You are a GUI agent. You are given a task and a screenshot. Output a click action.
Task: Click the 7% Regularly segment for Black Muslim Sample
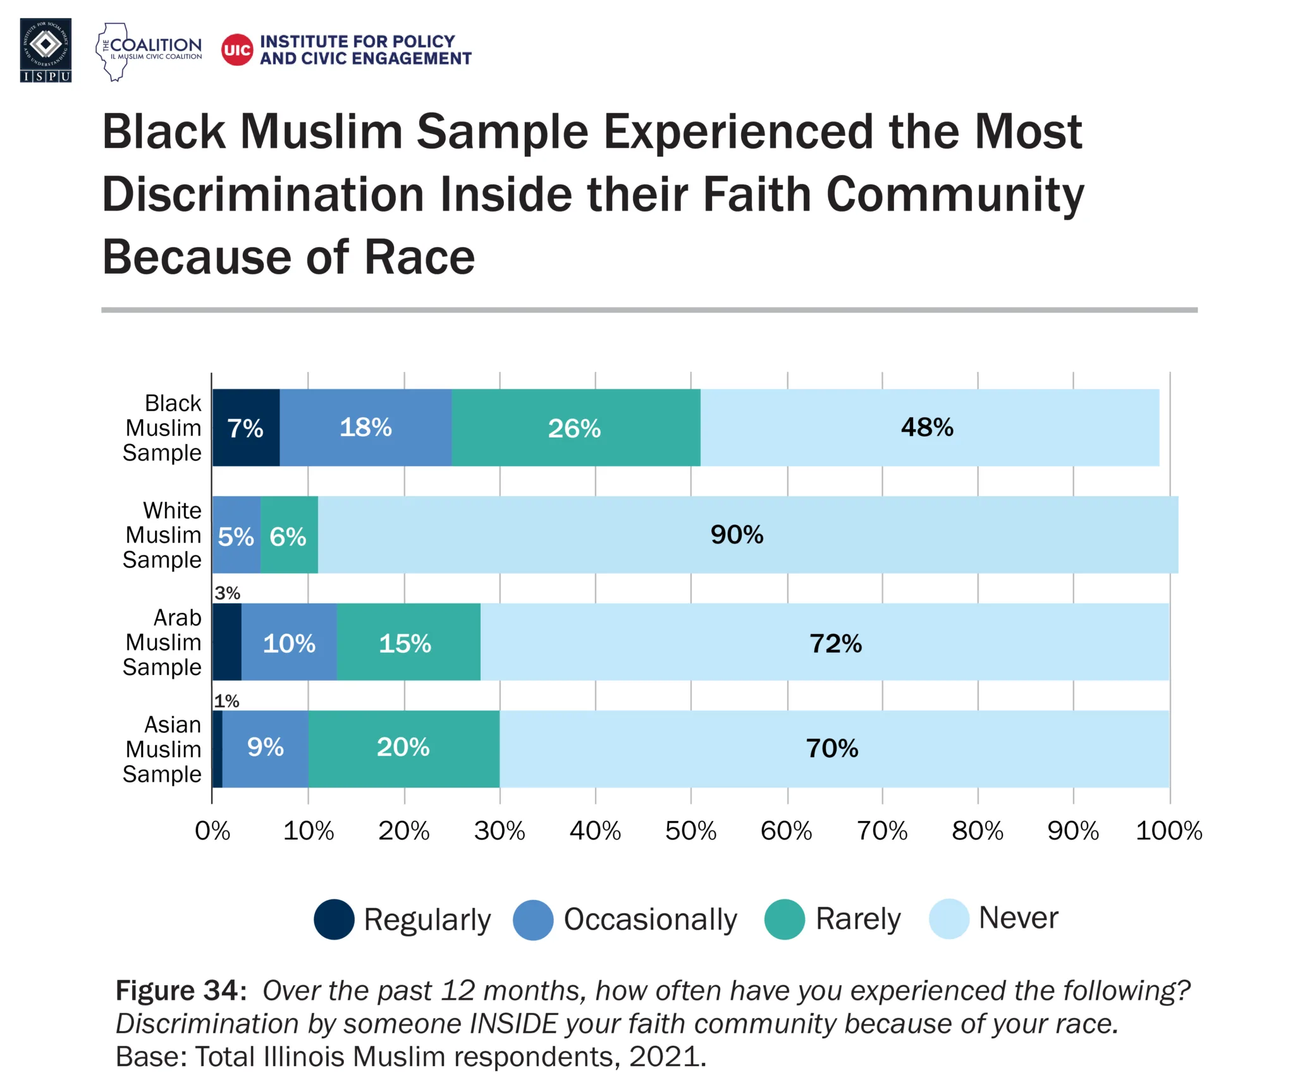[x=245, y=428]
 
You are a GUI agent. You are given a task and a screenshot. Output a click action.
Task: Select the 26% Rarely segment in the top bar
[x=575, y=428]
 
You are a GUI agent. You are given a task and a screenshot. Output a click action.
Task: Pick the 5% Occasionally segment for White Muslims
[x=236, y=536]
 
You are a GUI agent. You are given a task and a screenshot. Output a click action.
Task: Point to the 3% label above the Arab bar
[x=227, y=593]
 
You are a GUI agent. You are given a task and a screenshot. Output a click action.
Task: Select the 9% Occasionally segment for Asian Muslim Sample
[x=265, y=748]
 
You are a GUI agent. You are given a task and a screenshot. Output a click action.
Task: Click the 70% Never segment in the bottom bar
[x=832, y=749]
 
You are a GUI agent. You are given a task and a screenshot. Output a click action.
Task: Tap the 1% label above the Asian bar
[x=226, y=701]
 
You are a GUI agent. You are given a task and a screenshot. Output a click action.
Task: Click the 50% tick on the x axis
[x=690, y=831]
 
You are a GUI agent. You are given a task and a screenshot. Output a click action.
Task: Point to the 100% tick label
[x=1169, y=831]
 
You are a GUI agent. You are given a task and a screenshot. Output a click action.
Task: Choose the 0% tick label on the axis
[x=212, y=831]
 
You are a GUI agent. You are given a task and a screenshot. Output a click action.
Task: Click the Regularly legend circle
[x=334, y=919]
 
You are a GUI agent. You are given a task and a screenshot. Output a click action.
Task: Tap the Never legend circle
[x=948, y=919]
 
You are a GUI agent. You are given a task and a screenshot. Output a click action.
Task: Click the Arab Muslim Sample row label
[x=163, y=642]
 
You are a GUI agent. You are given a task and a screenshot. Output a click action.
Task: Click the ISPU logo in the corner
[x=46, y=50]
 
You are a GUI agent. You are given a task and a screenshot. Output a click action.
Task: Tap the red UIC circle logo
[x=237, y=50]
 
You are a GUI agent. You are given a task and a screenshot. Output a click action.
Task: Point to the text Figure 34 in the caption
[x=179, y=991]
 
